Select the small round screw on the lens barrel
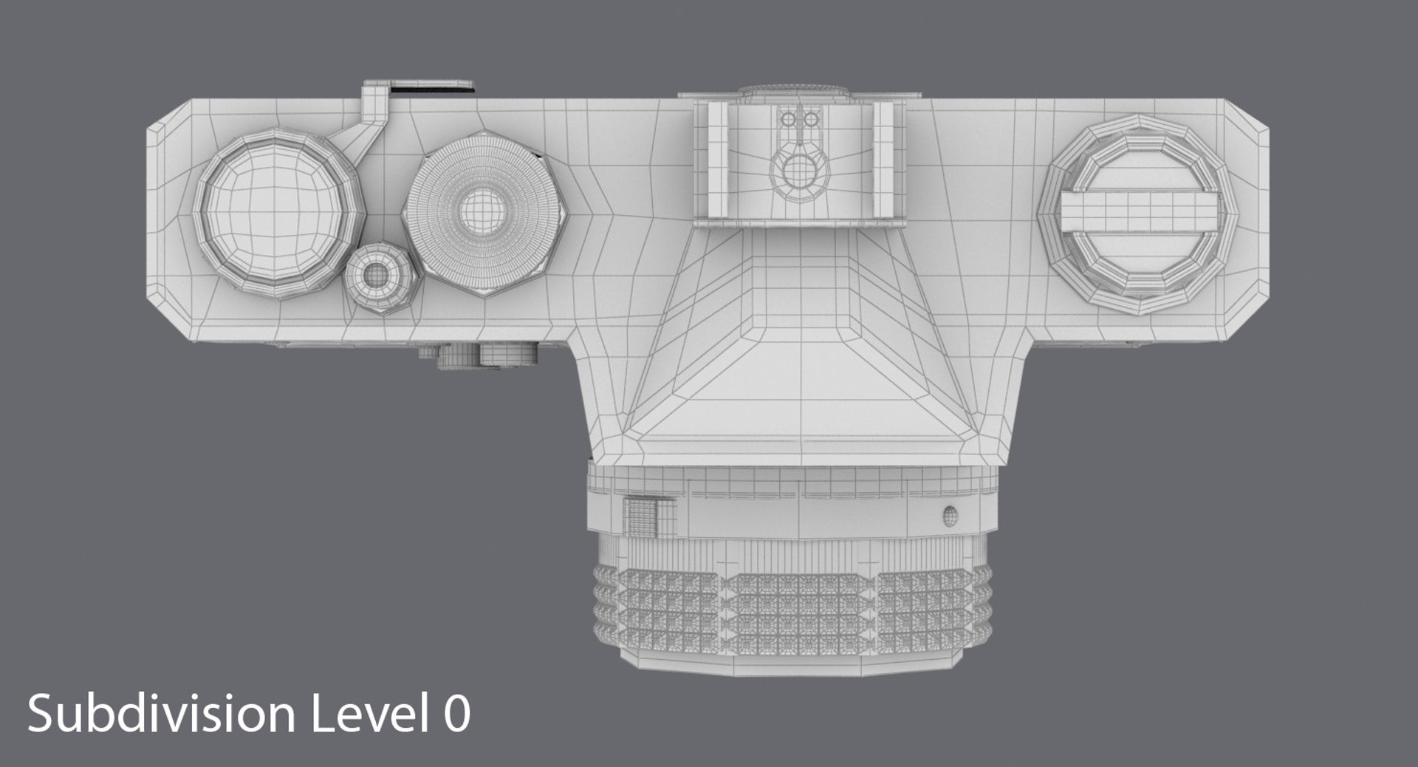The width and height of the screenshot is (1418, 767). [951, 515]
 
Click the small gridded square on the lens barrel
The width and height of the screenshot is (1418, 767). [640, 516]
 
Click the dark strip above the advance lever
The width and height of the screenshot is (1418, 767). [431, 89]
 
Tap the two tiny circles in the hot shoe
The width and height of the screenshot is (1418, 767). [799, 119]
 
